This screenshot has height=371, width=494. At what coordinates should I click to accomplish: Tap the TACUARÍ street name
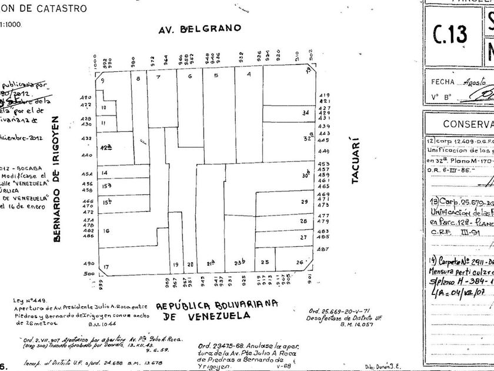point(355,161)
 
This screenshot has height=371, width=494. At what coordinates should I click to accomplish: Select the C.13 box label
point(449,34)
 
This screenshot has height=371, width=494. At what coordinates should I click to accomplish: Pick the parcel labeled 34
point(305,112)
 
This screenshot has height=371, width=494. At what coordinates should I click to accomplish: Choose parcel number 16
point(106,231)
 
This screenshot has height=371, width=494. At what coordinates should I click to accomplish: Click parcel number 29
point(304,202)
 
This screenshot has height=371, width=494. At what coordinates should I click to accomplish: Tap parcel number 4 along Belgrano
point(249,75)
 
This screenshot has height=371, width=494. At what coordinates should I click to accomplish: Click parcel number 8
point(138,78)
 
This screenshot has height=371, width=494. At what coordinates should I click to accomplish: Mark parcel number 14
point(104,173)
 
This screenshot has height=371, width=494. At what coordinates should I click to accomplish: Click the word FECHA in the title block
point(442,82)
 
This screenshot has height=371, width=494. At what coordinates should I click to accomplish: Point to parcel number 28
point(303,221)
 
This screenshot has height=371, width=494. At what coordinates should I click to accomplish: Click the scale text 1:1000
point(14,25)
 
